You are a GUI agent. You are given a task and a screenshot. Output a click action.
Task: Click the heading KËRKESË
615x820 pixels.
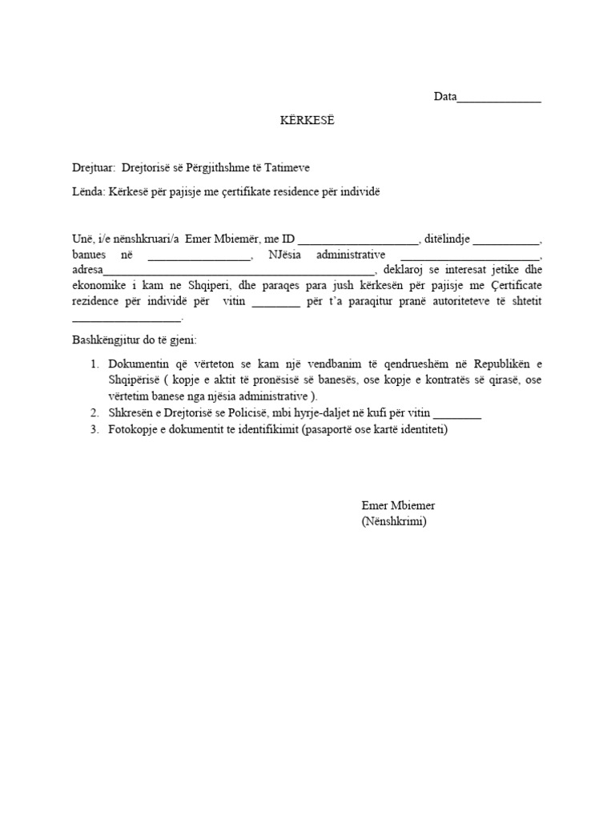click(306, 120)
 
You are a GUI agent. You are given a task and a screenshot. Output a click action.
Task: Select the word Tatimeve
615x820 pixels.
click(286, 167)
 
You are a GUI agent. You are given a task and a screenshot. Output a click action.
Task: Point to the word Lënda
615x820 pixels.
click(87, 192)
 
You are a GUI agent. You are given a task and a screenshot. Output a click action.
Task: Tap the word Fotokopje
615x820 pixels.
click(133, 429)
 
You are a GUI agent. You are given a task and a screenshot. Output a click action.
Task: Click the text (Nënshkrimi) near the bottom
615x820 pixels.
click(394, 522)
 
